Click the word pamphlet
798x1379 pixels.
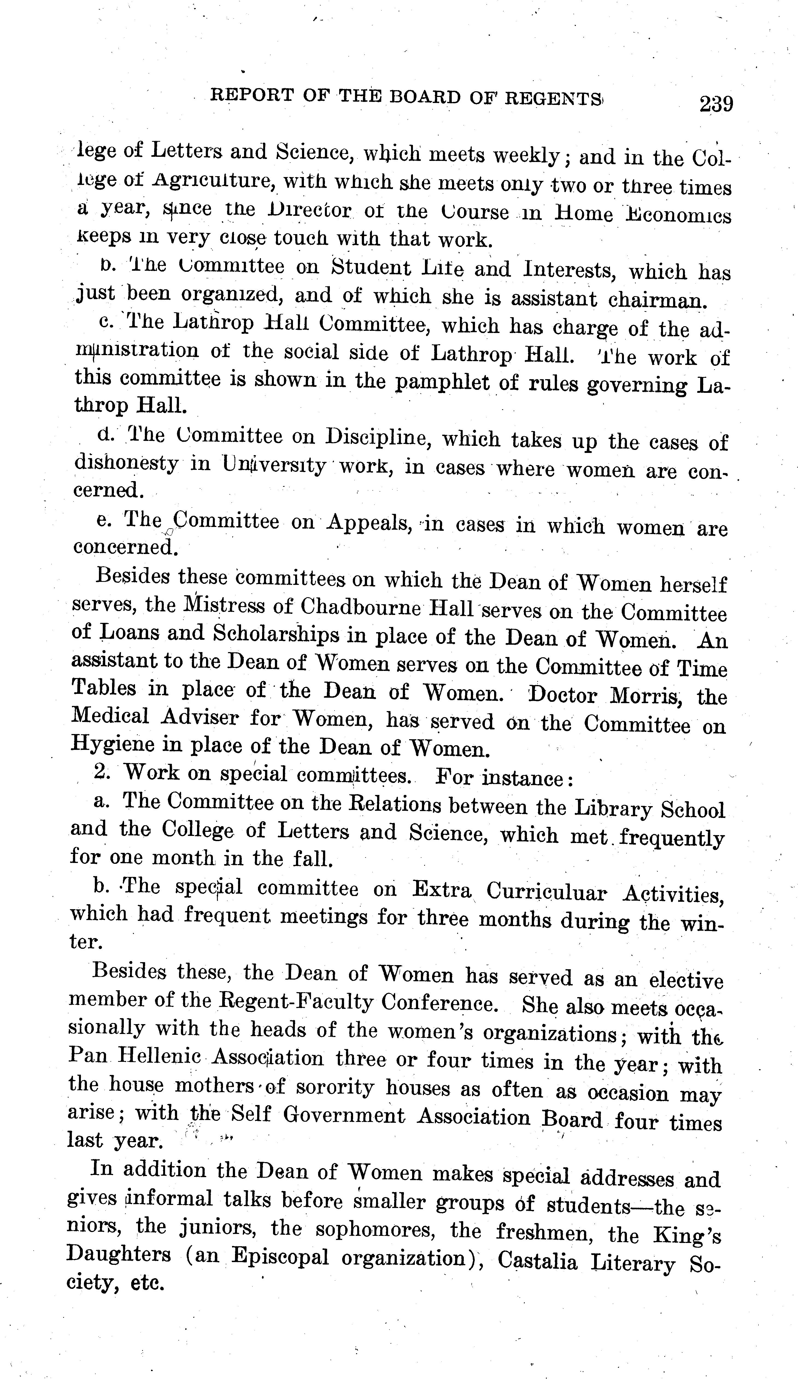pyautogui.click(x=442, y=382)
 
